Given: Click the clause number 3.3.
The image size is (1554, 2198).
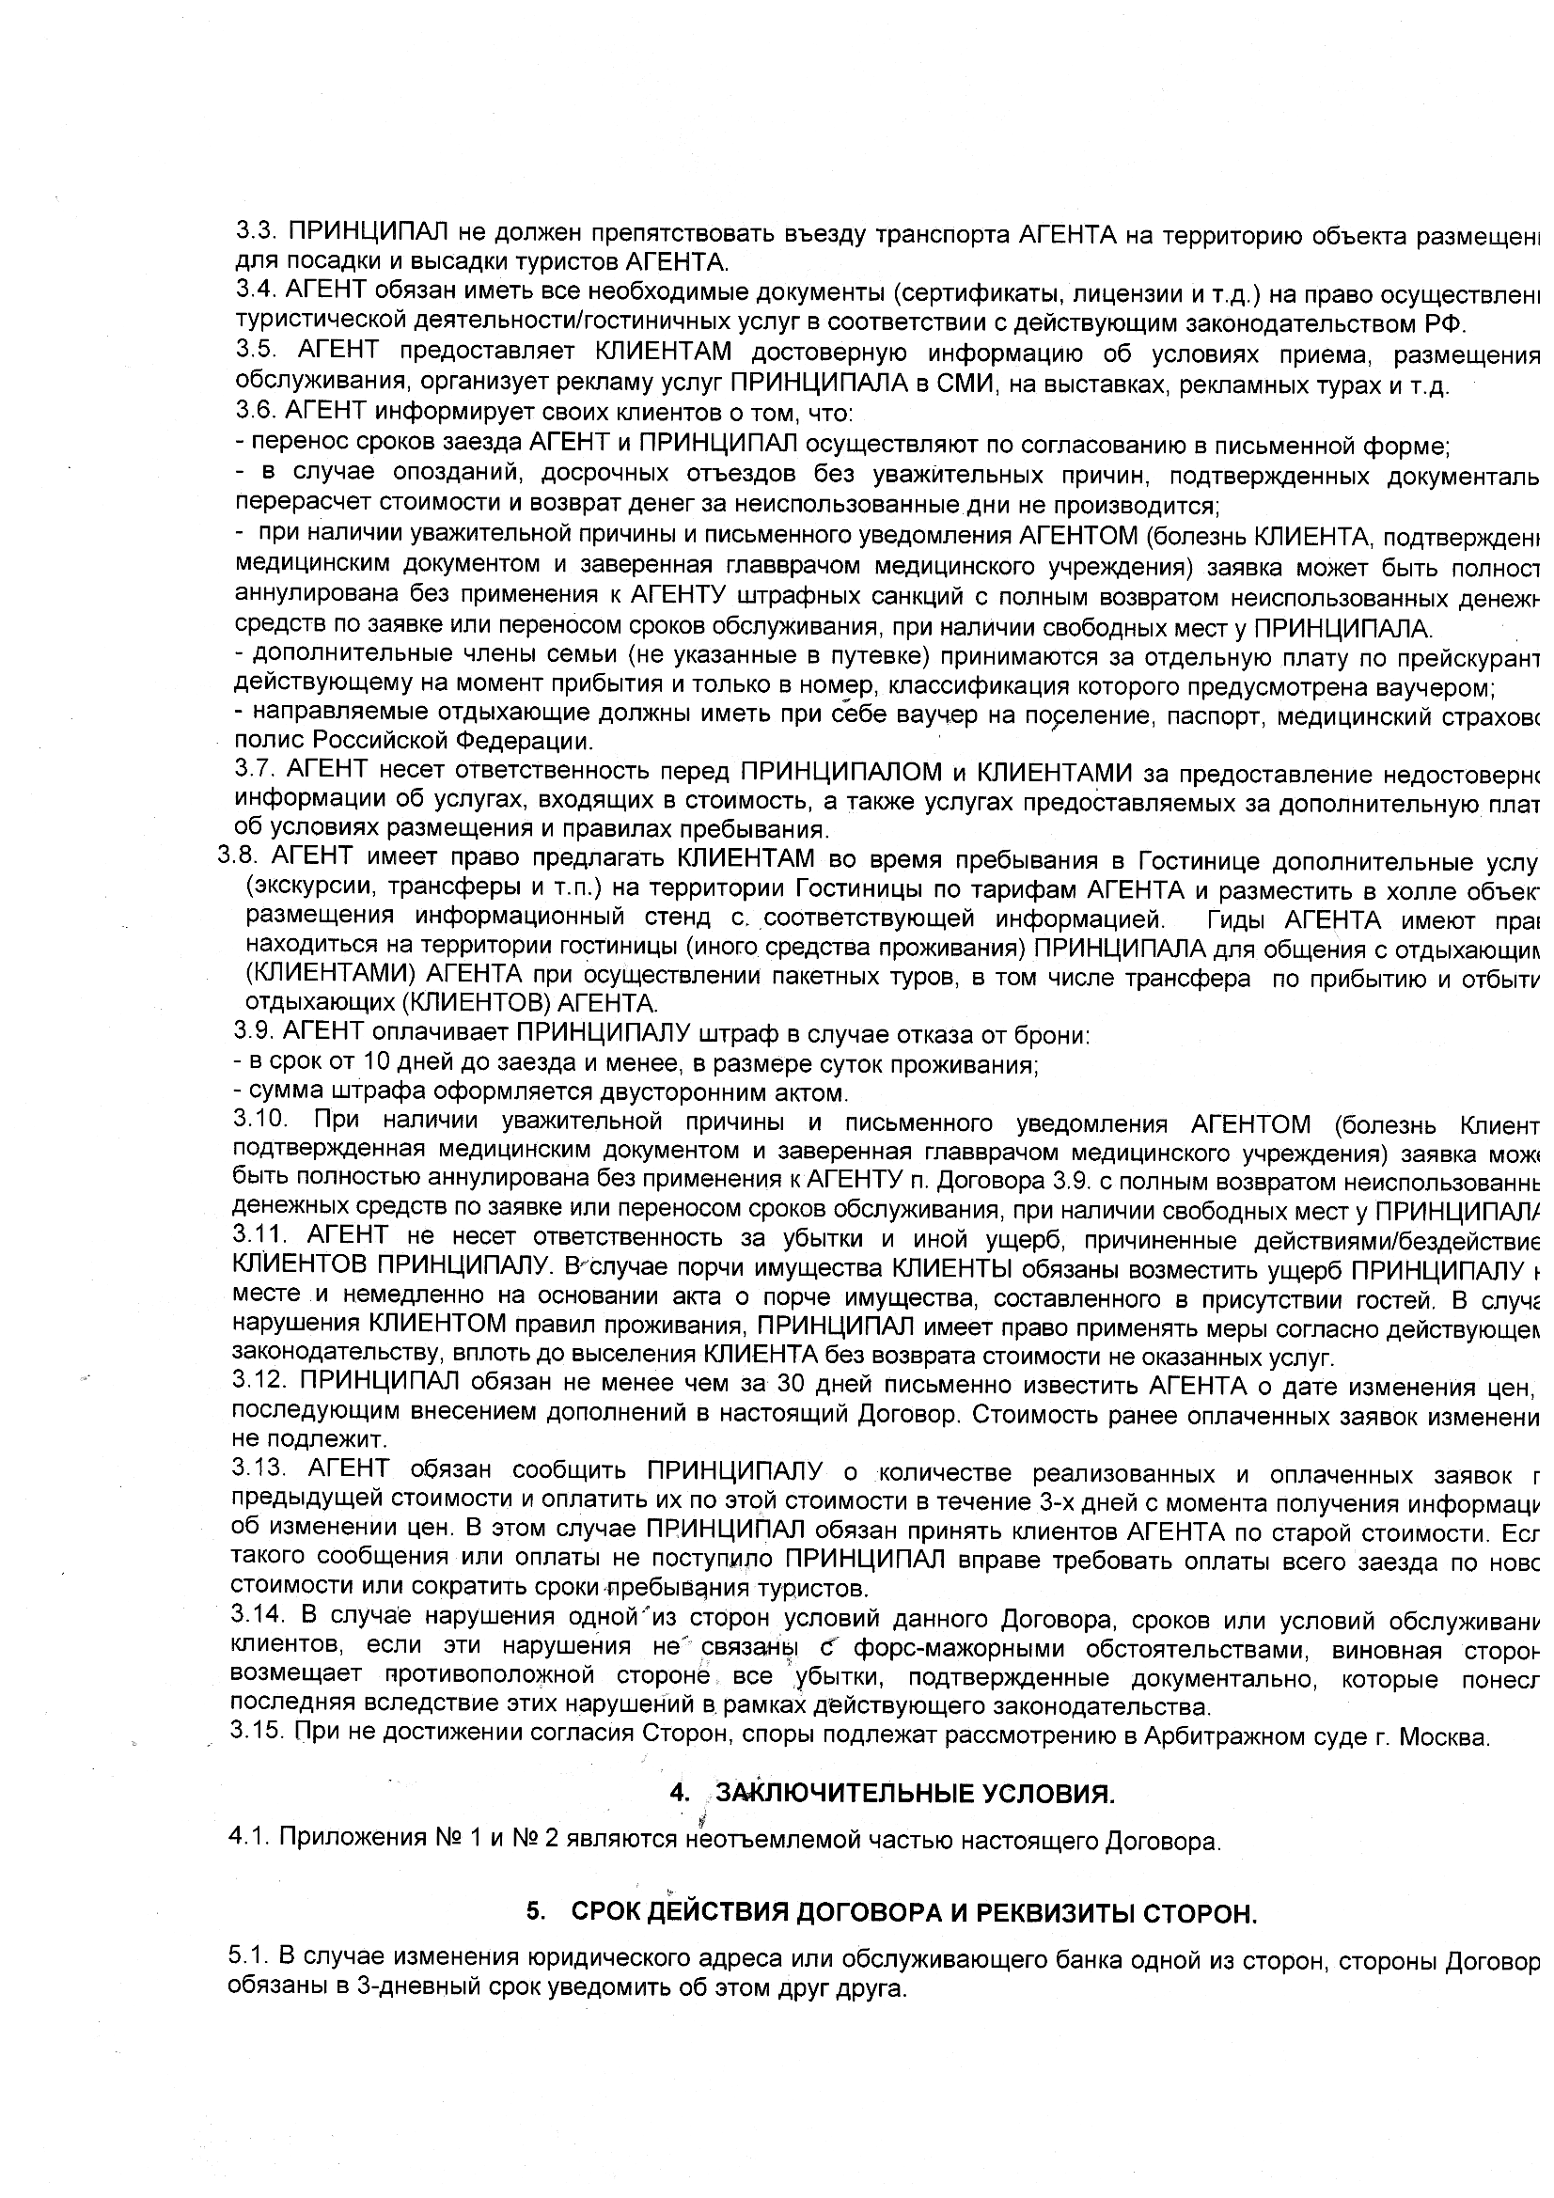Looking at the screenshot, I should click(257, 233).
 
